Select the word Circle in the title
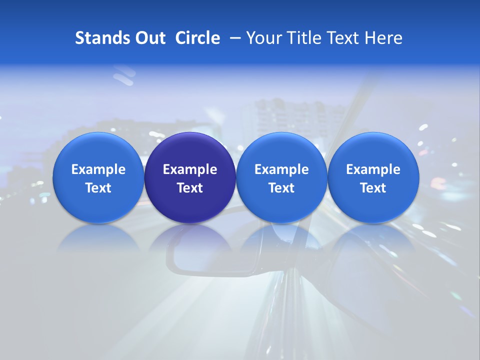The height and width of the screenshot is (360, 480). tap(197, 38)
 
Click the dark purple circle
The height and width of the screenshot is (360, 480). tap(190, 150)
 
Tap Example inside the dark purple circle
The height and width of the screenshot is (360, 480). tap(190, 169)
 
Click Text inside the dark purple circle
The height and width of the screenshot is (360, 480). tap(190, 188)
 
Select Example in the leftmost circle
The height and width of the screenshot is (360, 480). tap(98, 169)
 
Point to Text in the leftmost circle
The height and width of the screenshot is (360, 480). tap(98, 188)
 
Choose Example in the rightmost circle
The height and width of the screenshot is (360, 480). tap(373, 169)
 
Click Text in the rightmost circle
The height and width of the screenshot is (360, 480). tap(373, 188)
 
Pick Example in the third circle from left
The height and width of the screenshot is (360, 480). tap(281, 169)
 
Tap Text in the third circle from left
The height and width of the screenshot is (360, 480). tap(281, 188)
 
